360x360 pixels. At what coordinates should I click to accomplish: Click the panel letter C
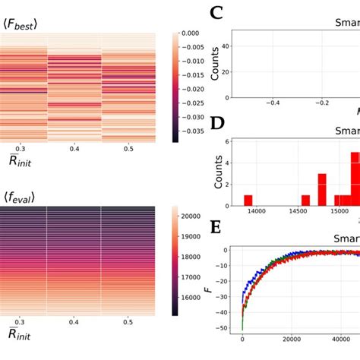(216, 13)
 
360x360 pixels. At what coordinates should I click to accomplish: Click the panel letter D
(216, 124)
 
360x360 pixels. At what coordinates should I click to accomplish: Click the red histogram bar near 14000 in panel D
(248, 201)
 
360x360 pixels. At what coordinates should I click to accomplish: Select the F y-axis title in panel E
(209, 289)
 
